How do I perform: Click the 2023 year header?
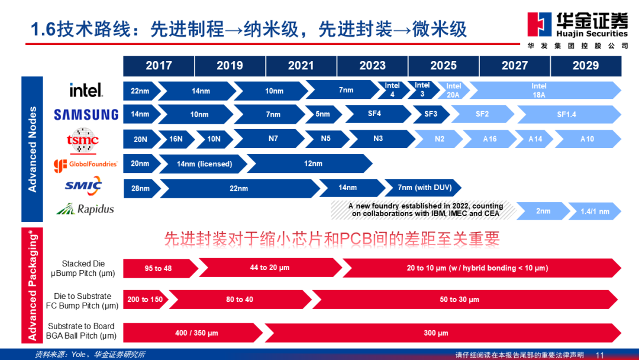(372, 66)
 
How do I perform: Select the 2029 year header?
(586, 66)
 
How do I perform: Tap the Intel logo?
(86, 89)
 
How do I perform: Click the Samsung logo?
(86, 114)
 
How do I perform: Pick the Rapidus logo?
(85, 209)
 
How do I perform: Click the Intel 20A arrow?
(453, 91)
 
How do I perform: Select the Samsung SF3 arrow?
(430, 114)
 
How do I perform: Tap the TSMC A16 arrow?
(489, 139)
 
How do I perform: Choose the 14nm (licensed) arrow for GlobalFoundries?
(204, 164)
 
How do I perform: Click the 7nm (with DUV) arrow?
(423, 188)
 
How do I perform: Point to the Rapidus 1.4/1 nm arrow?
(595, 211)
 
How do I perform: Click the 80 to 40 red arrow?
(240, 300)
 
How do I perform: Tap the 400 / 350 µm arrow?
(193, 333)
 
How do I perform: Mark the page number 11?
(599, 355)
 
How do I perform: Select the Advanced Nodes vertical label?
(32, 149)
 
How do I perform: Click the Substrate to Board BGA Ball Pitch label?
(81, 331)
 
